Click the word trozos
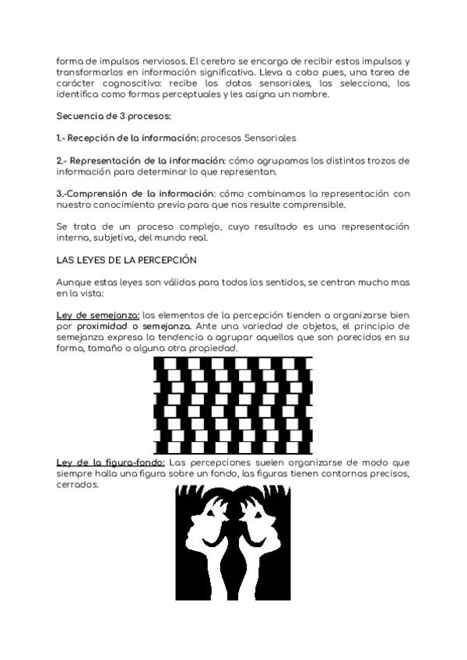point(378,160)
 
